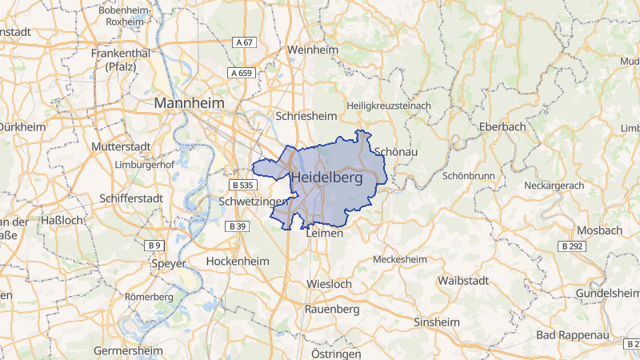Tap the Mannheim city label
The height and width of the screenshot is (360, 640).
190,104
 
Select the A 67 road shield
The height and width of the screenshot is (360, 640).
245,42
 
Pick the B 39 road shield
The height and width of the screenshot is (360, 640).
237,226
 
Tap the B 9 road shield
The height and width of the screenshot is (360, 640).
154,244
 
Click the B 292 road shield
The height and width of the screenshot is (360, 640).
572,246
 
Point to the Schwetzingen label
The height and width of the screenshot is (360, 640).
253,202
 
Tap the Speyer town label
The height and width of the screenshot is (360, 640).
168,263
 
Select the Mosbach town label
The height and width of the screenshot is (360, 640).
598,230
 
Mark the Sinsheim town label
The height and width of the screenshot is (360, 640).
437,322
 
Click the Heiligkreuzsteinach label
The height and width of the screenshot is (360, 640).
389,105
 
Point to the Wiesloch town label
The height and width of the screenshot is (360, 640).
329,284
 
